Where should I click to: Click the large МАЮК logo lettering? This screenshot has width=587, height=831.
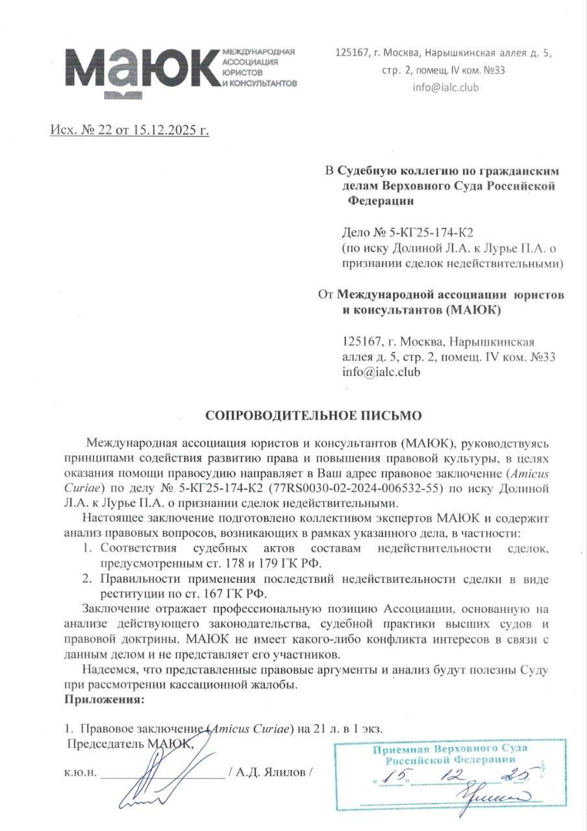tap(140, 70)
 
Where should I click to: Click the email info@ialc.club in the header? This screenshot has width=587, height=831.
tap(445, 87)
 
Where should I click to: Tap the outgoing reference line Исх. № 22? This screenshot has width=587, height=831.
tap(130, 130)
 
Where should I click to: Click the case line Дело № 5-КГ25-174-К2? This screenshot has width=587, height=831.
tap(413, 232)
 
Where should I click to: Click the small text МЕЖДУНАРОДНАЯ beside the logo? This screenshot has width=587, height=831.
tap(258, 51)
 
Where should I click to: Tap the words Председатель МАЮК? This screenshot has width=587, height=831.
tap(130, 744)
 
